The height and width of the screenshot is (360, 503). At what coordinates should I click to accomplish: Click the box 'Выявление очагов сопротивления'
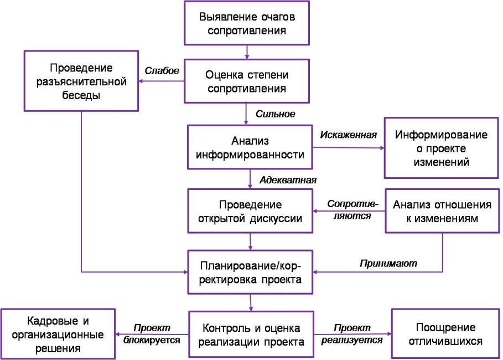coord(247,23)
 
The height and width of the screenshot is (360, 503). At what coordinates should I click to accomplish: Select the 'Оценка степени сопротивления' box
coord(247,81)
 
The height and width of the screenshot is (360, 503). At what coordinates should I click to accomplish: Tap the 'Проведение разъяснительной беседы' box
coord(81,81)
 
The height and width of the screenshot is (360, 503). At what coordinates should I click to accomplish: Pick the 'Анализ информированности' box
coord(250,147)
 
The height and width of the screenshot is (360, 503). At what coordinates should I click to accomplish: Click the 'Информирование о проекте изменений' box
coord(442,148)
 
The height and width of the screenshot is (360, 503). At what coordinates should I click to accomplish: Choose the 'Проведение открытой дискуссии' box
coord(250,211)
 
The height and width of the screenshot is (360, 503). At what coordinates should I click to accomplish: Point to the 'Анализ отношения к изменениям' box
coord(442,211)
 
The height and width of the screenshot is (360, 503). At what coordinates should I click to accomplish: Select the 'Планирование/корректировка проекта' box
coord(250,272)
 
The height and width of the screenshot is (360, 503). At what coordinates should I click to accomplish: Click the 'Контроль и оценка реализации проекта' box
coord(251,335)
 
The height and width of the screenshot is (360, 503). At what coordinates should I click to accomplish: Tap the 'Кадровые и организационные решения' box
coord(58,334)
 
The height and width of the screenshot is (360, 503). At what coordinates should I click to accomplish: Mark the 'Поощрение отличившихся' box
coord(445,334)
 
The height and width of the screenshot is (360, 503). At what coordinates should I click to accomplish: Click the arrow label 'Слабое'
coord(162,71)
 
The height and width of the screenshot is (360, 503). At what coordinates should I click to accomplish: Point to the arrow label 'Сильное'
coord(275,114)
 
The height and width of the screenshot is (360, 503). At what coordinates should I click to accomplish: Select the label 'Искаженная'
coord(349,135)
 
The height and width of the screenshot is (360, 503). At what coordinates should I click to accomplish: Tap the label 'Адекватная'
coord(288,180)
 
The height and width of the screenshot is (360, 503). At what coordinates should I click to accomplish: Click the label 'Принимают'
coord(388,263)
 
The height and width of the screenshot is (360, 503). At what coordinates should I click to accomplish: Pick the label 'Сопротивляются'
coord(352,210)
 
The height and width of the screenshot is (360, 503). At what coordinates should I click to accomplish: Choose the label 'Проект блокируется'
coord(152,334)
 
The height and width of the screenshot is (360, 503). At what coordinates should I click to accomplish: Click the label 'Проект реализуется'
coord(352,334)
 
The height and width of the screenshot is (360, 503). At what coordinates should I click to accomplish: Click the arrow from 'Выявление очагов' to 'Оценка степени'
coord(247,52)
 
